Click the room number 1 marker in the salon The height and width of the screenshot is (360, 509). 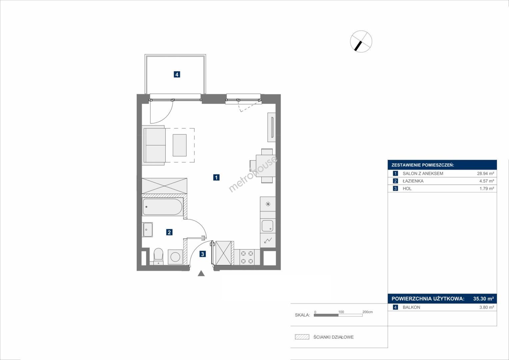216,177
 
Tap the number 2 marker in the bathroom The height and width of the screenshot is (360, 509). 169,232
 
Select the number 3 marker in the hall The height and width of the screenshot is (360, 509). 202,254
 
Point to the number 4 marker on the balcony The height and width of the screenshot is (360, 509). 177,74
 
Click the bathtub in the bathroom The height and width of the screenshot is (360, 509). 162,207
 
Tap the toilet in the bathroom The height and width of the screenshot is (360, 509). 158,256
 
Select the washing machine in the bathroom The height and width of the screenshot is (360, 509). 175,257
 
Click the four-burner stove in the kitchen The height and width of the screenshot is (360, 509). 247,257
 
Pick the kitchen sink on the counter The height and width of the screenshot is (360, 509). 267,226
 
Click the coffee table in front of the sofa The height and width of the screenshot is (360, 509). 180,145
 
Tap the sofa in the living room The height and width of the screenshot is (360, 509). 154,145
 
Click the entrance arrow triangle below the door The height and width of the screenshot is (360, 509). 201,273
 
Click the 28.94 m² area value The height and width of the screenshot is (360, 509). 486,173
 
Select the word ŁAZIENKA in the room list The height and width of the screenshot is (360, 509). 413,181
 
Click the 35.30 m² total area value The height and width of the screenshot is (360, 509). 484,299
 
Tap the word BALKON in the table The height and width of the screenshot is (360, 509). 412,307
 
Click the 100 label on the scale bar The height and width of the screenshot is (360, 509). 341,312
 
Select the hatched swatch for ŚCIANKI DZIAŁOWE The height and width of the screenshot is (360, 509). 302,337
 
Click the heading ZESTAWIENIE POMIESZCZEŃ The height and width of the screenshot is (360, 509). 423,165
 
